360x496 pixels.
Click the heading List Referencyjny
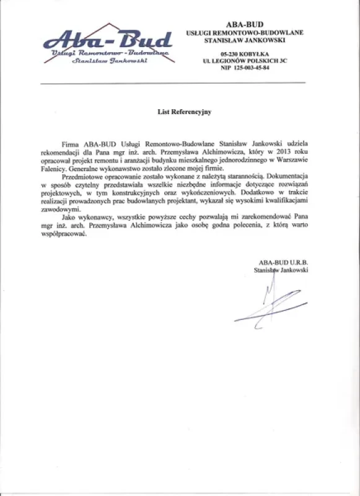[x=184, y=112]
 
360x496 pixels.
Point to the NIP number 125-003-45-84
[x=245, y=68]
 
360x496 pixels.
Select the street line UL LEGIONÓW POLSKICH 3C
[x=245, y=61]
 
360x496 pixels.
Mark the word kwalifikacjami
[x=284, y=201]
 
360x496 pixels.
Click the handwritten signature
[x=273, y=304]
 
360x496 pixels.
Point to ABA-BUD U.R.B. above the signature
[x=283, y=263]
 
